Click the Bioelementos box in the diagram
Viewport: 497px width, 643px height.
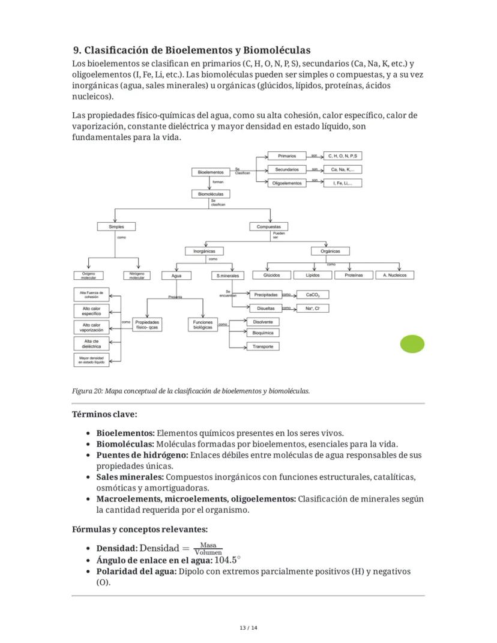211,172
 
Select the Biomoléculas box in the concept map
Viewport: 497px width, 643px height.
211,194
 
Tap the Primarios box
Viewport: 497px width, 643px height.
287,156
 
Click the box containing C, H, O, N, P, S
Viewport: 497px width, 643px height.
343,156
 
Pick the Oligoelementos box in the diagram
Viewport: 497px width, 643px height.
287,183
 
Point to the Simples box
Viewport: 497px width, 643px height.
116,227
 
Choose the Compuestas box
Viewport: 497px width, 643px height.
268,227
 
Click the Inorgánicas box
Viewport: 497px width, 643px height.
204,251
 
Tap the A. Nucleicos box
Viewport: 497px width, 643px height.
394,275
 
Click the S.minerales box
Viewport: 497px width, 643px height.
227,276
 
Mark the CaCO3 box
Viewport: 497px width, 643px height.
313,295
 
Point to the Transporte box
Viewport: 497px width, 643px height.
263,346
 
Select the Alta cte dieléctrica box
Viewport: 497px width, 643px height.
91,343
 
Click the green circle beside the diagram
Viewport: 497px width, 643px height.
412,344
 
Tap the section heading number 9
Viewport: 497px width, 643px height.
77,50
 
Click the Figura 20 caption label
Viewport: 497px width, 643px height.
86,391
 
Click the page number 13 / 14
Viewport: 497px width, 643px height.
248,628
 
